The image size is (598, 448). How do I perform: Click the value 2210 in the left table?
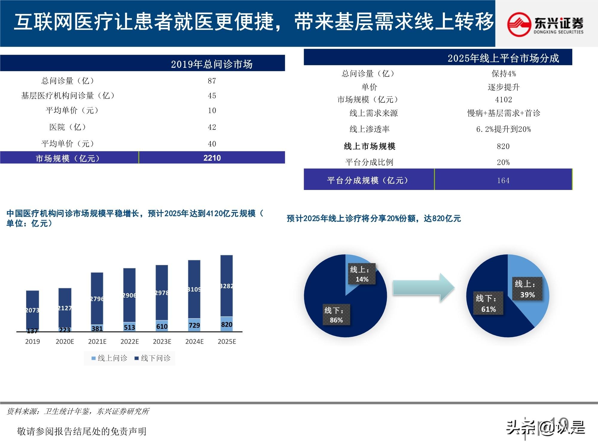[212, 158]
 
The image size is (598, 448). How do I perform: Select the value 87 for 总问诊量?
[212, 81]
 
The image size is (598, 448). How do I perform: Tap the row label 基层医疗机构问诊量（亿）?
[68, 96]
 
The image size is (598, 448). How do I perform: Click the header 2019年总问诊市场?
[211, 64]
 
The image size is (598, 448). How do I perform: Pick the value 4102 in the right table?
[504, 99]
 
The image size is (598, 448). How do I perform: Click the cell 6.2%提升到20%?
[504, 129]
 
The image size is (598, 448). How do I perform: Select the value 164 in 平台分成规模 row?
[503, 180]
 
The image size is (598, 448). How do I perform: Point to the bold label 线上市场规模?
[369, 146]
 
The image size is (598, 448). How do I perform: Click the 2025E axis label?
[227, 341]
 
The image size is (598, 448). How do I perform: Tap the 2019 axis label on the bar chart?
[32, 341]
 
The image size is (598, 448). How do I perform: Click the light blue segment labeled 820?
[227, 324]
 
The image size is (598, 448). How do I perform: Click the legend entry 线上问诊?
[109, 358]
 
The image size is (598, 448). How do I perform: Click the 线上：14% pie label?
[361, 274]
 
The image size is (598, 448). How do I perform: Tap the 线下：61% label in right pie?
[488, 303]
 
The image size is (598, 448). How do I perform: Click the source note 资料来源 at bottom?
[78, 411]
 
